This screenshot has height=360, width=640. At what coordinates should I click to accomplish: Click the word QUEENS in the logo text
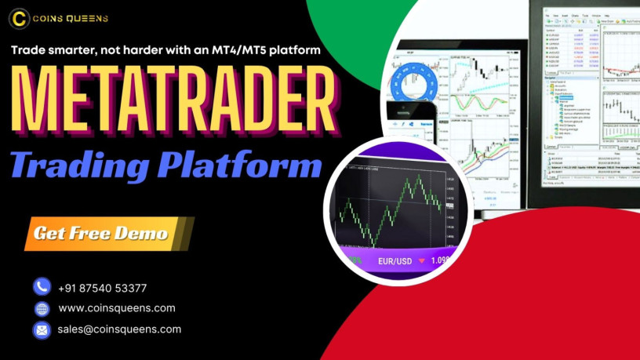89,18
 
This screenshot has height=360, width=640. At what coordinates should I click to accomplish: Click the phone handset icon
42,287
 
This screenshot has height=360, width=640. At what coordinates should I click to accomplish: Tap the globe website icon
42,308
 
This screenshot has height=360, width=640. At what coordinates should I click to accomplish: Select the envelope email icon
42,329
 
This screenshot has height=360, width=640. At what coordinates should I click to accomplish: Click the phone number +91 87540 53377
103,288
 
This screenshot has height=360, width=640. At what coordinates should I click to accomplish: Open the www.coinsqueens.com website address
117,308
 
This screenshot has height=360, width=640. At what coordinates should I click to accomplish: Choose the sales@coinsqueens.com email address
119,329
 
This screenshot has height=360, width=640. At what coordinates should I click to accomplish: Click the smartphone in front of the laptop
414,120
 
